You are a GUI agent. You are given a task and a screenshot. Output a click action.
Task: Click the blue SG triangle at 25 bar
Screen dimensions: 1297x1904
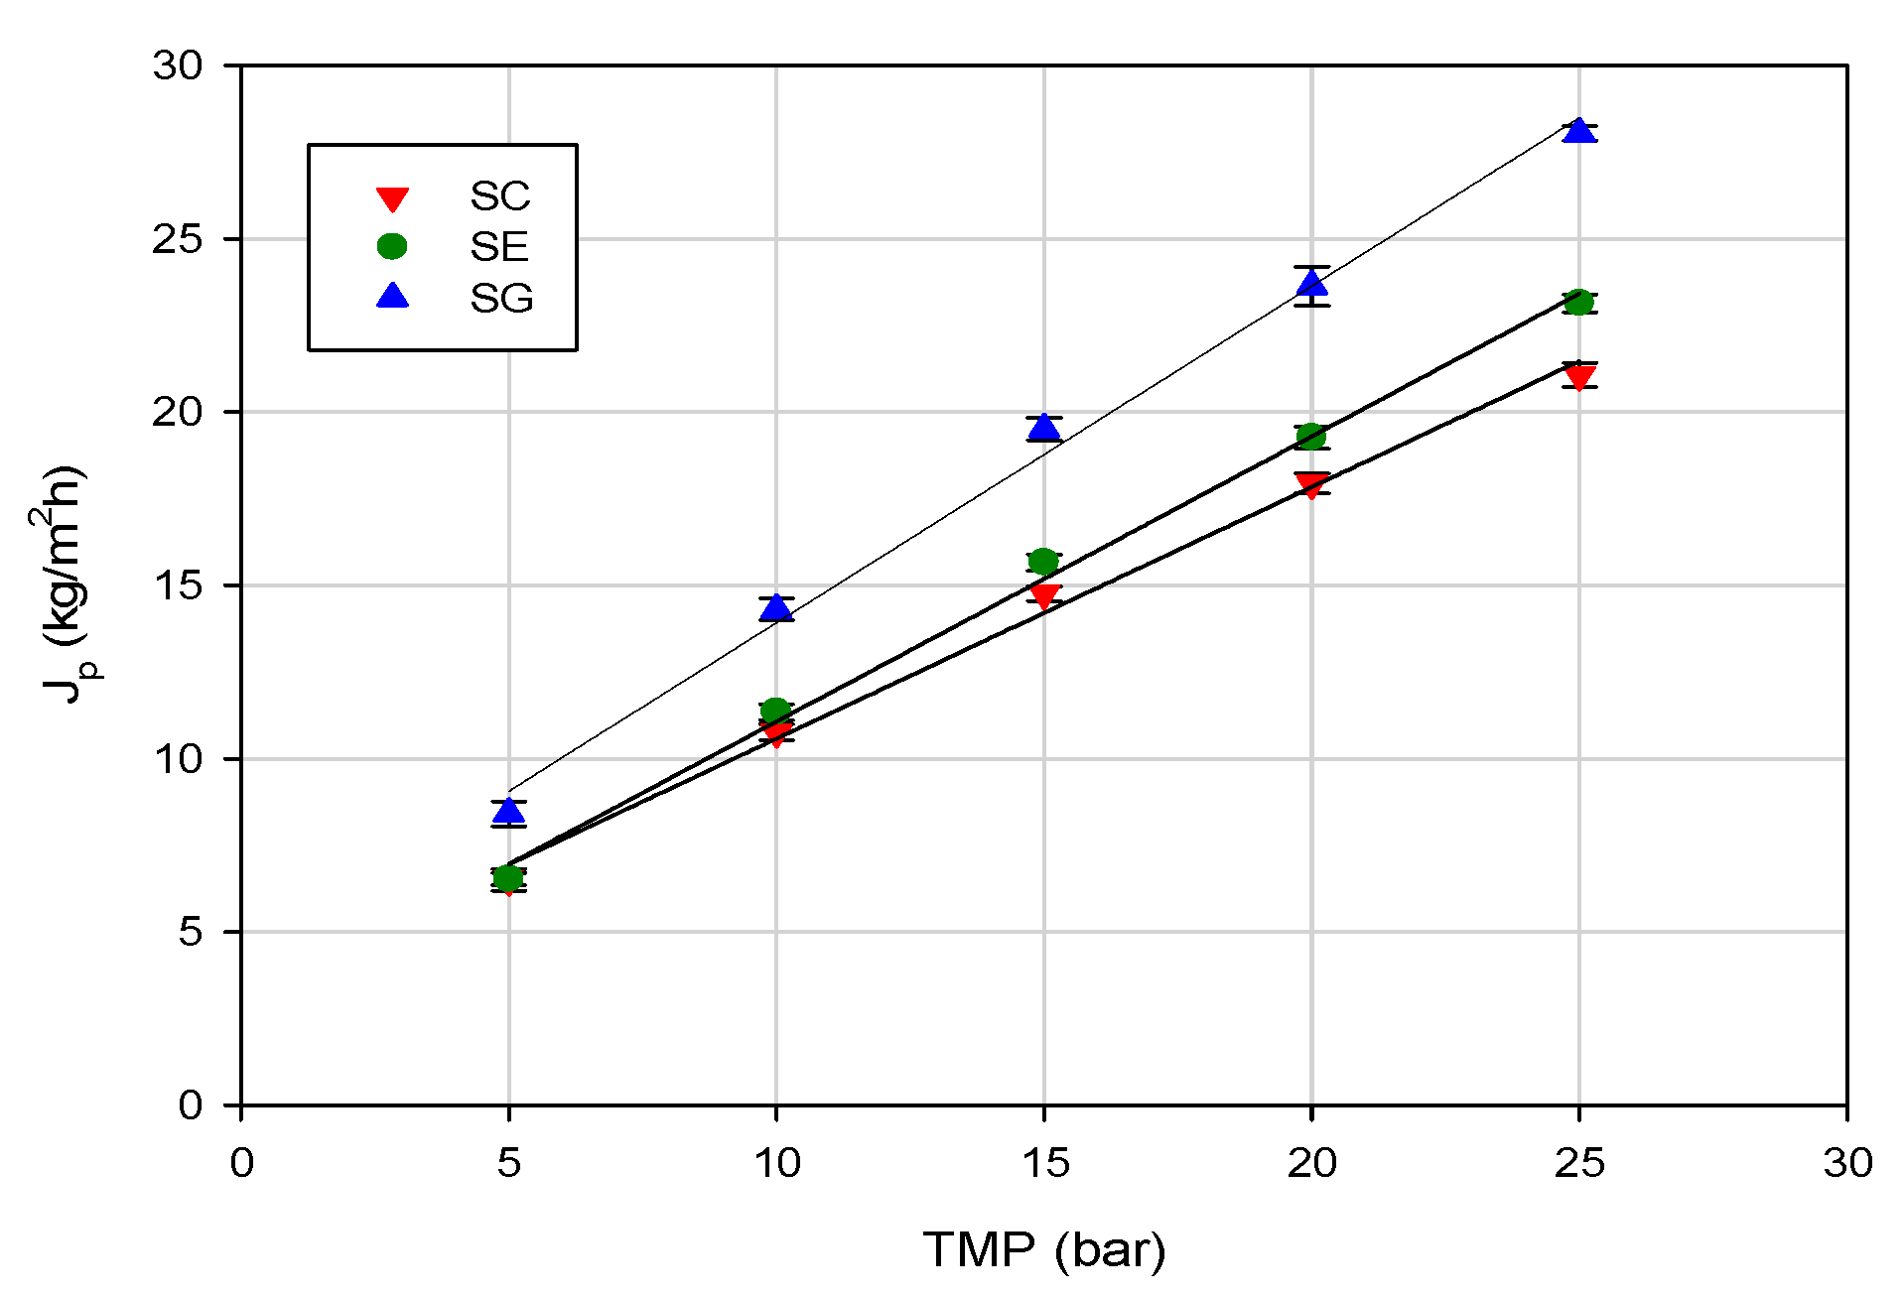click(1578, 130)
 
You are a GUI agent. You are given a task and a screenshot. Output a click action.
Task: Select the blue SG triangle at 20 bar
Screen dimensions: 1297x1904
click(1311, 284)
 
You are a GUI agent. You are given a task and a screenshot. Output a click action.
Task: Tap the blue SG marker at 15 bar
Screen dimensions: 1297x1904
click(1043, 427)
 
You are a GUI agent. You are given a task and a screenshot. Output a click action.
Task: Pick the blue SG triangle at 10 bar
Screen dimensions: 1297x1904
click(775, 607)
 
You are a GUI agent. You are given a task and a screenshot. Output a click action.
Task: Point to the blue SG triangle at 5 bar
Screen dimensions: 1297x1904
click(508, 812)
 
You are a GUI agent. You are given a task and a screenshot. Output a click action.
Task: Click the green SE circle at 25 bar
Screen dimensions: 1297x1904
click(1578, 302)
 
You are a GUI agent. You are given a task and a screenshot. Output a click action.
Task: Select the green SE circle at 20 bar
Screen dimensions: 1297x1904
click(1311, 436)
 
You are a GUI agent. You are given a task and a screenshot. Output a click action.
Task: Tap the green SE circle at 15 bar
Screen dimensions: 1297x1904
click(1043, 562)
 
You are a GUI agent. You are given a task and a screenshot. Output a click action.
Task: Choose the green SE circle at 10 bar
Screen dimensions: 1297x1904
click(775, 711)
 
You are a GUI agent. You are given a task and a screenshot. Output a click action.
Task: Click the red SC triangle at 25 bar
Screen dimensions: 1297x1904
click(1578, 377)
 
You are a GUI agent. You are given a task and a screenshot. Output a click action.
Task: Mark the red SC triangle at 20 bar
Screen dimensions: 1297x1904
click(1311, 484)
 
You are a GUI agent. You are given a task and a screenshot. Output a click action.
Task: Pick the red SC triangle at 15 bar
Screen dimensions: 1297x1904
click(1043, 596)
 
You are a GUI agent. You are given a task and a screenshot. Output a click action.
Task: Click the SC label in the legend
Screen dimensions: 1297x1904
click(500, 196)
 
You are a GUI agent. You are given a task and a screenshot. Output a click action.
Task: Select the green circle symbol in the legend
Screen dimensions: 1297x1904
click(393, 246)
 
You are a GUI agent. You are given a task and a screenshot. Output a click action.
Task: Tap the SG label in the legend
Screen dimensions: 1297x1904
click(501, 298)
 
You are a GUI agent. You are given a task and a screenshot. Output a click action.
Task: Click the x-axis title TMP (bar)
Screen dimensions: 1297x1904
click(1044, 1249)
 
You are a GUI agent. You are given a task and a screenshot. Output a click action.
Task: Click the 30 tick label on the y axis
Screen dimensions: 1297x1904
click(178, 65)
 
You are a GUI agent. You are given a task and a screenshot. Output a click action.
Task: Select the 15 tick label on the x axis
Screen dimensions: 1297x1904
click(1044, 1162)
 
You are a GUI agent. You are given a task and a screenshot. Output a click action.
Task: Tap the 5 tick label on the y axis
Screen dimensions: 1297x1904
click(191, 932)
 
